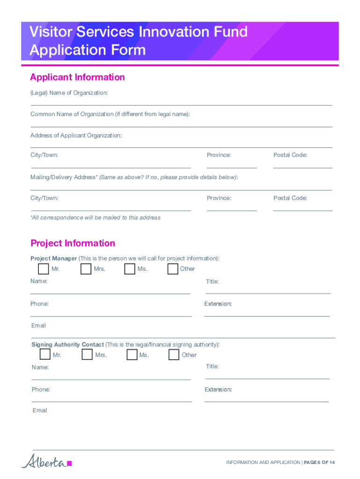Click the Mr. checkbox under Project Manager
pyautogui.click(x=43, y=269)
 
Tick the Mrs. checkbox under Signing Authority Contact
pyautogui.click(x=87, y=355)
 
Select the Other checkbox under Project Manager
pyautogui.click(x=173, y=269)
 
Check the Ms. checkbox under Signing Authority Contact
pyautogui.click(x=132, y=355)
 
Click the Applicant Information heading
pyautogui.click(x=77, y=77)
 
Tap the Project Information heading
pyautogui.click(x=72, y=243)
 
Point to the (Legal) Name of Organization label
pyautogui.click(x=69, y=93)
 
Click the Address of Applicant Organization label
pyautogui.click(x=76, y=136)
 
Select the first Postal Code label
pyautogui.click(x=290, y=155)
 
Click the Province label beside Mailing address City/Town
pyautogui.click(x=219, y=198)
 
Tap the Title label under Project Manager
pyautogui.click(x=212, y=282)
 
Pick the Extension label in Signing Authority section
pyautogui.click(x=218, y=390)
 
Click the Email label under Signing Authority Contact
pyautogui.click(x=40, y=411)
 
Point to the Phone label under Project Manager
pyautogui.click(x=40, y=304)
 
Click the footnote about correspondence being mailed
pyautogui.click(x=95, y=218)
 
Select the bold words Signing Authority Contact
pyautogui.click(x=67, y=345)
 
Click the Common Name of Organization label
pyautogui.click(x=110, y=115)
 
